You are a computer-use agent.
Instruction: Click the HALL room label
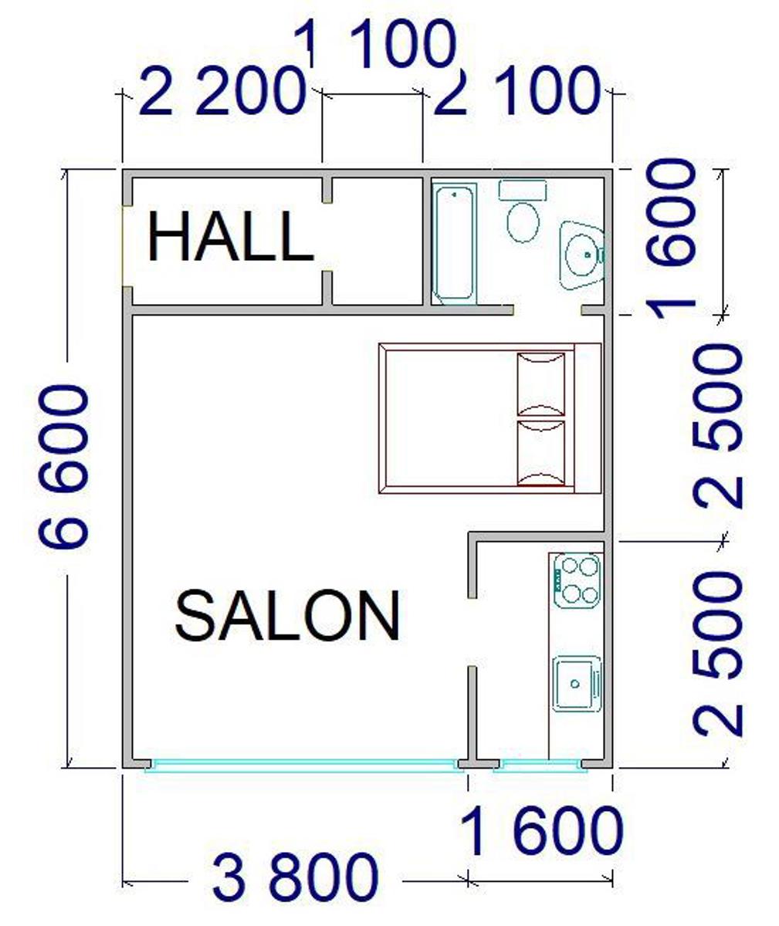pos(231,236)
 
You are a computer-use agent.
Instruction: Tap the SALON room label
pos(287,616)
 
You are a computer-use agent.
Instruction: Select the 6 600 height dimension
pos(63,467)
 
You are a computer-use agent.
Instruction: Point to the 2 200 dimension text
pos(224,90)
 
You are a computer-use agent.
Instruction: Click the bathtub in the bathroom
pos(454,244)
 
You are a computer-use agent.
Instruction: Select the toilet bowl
pos(523,222)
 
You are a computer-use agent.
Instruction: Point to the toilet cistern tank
pos(523,191)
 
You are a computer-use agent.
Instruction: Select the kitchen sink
pos(577,684)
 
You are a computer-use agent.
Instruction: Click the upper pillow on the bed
pos(541,384)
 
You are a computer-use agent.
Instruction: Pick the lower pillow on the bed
pos(541,452)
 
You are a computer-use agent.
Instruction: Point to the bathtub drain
pos(454,194)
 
